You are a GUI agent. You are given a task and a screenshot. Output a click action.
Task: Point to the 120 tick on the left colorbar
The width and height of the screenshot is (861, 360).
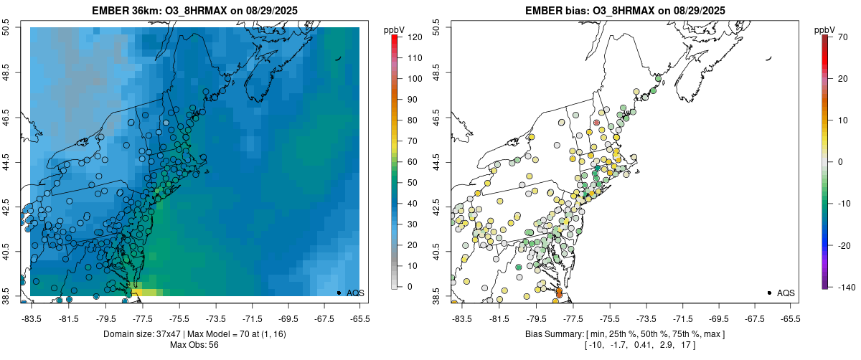point(414,37)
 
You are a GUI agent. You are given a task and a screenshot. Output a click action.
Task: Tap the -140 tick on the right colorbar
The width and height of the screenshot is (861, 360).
point(844,287)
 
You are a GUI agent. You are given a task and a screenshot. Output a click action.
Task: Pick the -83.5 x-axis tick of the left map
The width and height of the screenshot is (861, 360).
point(32,318)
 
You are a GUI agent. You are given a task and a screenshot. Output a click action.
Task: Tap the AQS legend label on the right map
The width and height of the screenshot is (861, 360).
point(786,293)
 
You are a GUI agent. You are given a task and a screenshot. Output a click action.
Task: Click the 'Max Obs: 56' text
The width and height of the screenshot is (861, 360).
point(194,345)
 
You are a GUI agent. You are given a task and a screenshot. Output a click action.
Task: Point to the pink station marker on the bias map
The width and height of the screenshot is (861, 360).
point(597,123)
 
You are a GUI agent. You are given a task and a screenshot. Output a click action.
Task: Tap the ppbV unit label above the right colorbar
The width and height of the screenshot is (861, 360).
point(826,29)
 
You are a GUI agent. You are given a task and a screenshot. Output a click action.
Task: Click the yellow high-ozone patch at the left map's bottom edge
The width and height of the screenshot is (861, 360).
point(147,292)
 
